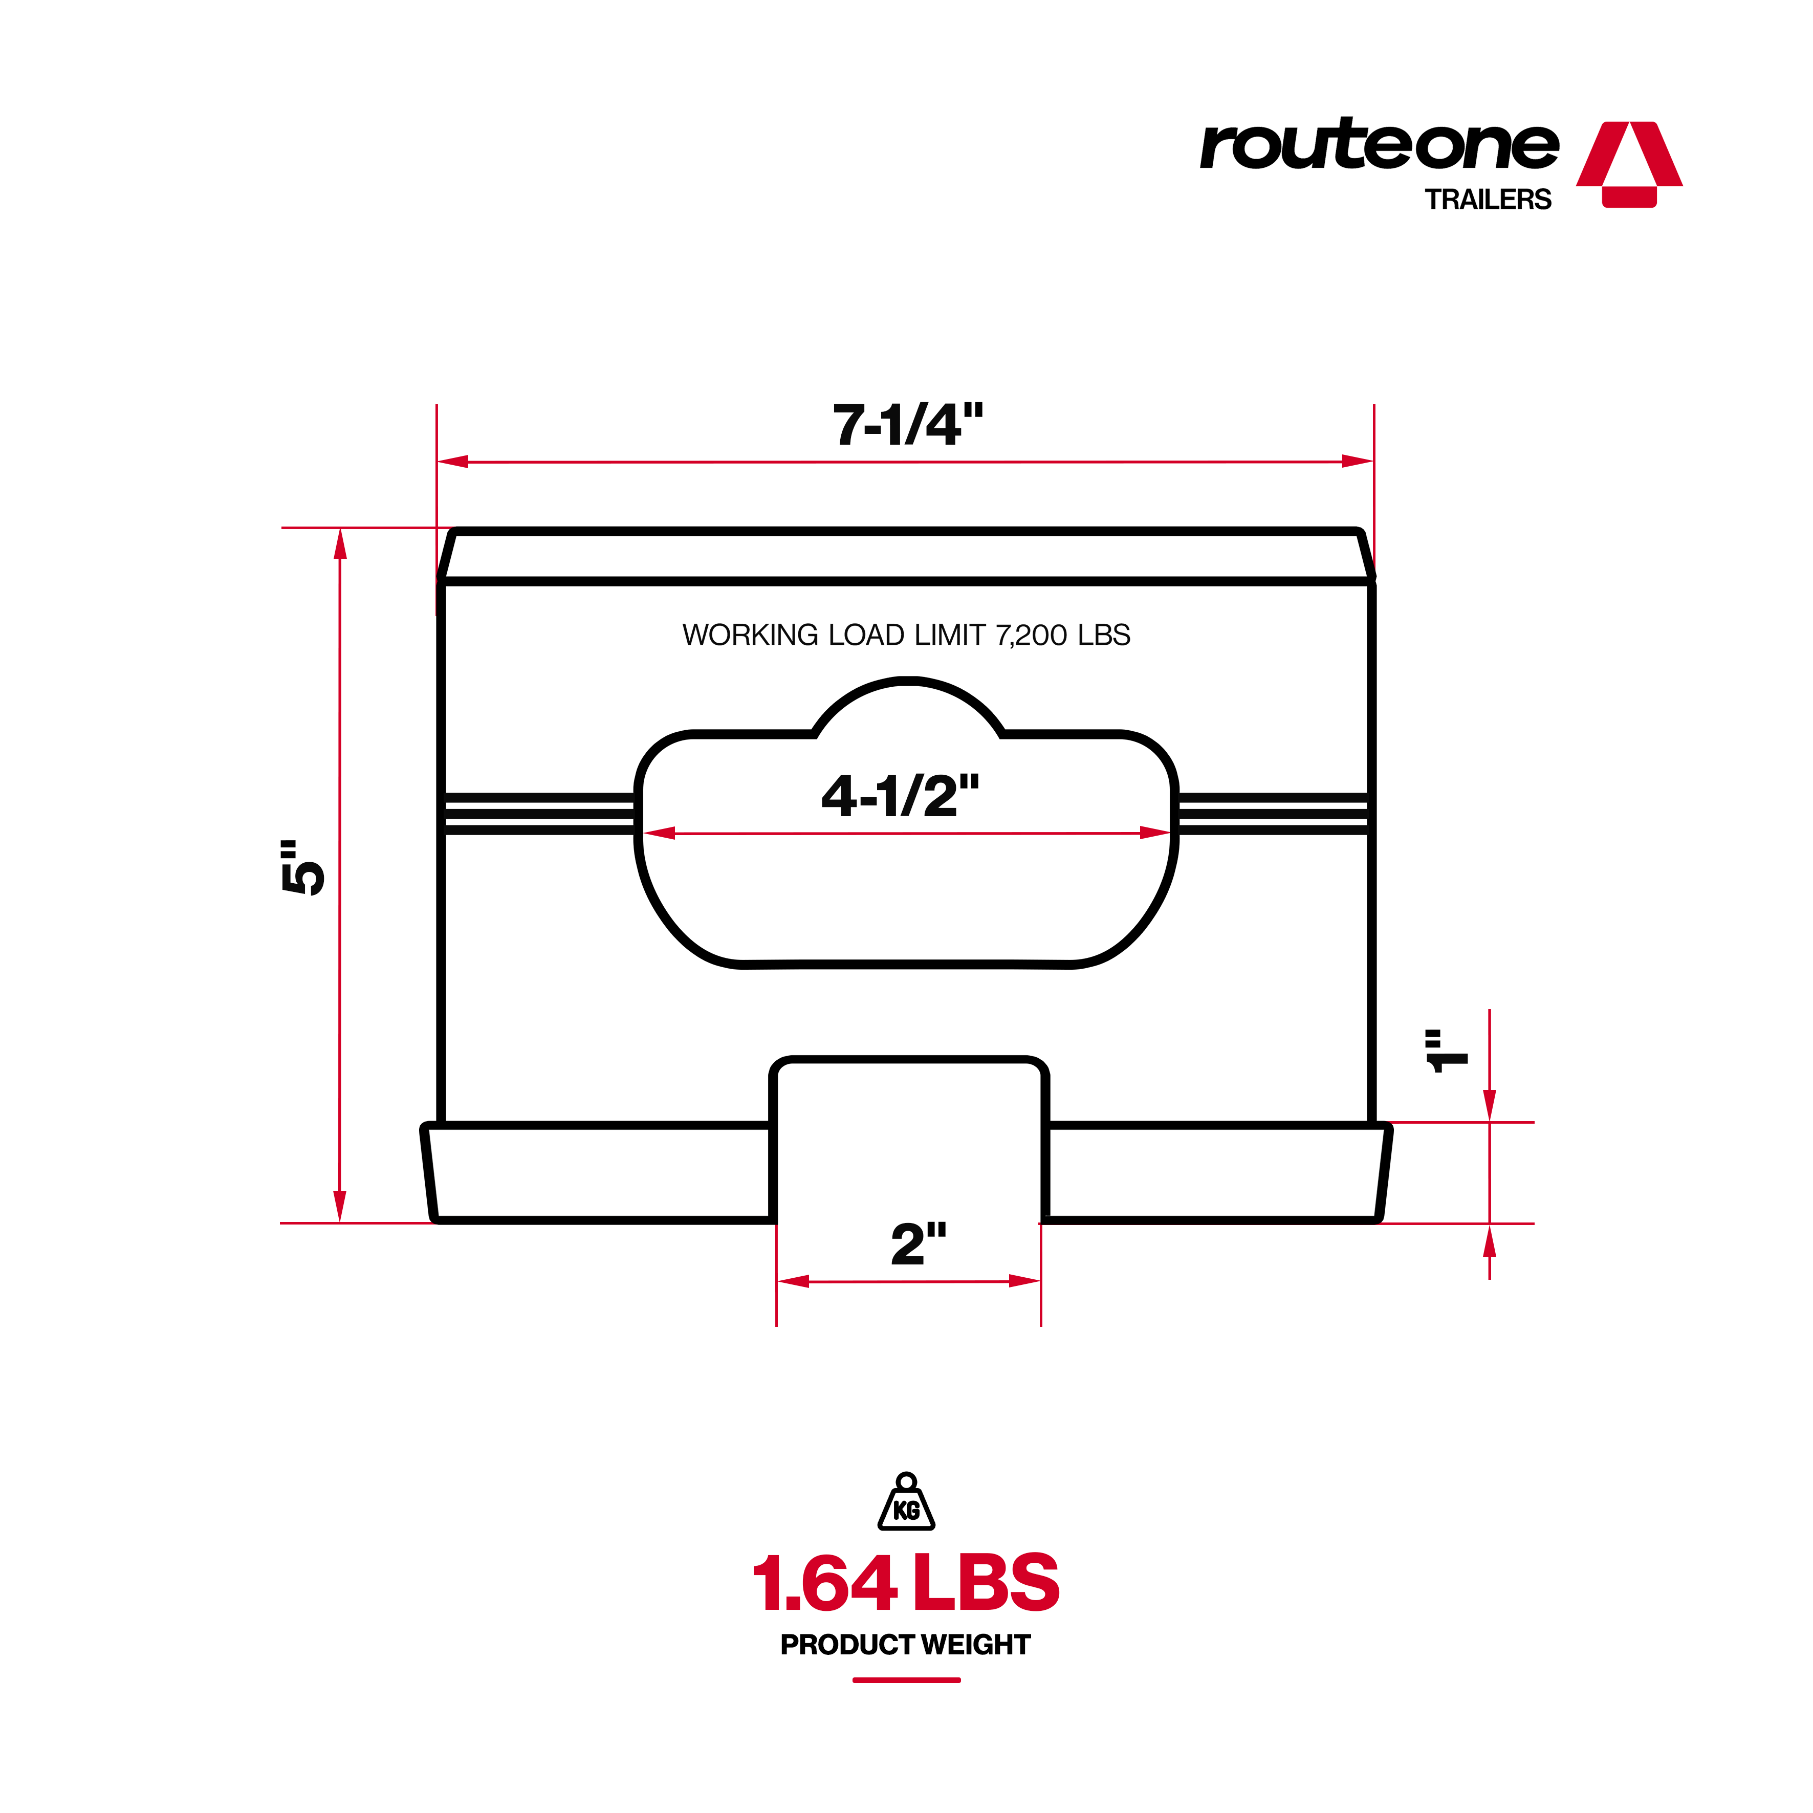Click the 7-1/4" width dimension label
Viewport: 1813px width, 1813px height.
(x=907, y=425)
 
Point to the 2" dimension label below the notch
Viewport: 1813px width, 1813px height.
(x=918, y=1244)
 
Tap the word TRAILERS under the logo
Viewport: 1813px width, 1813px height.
(x=1488, y=200)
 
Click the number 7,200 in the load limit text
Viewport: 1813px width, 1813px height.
(x=1032, y=636)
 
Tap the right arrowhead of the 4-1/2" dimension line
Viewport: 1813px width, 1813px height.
(x=1155, y=833)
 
